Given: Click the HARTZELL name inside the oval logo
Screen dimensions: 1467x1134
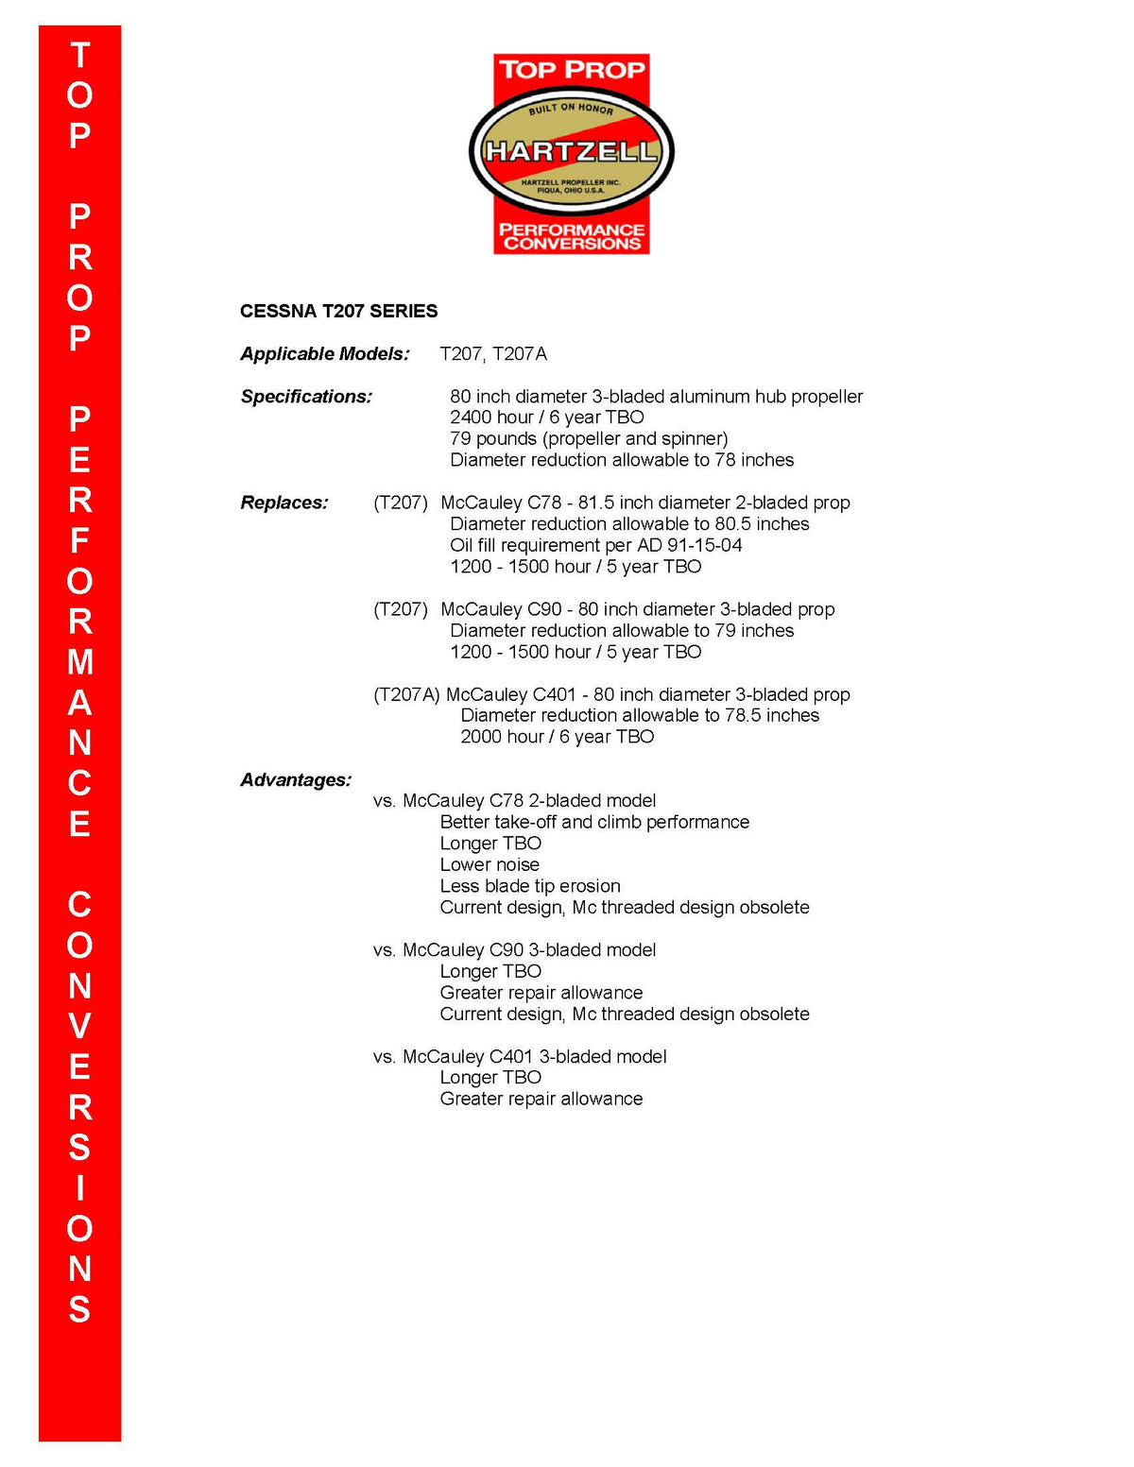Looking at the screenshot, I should click(x=571, y=151).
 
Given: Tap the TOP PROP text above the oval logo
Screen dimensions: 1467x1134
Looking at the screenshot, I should click(x=572, y=70).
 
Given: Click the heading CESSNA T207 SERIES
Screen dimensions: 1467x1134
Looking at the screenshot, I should click(x=338, y=312).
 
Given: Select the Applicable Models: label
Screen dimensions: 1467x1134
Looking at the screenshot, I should click(x=325, y=354).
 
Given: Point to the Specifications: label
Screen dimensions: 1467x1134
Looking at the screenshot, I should click(x=306, y=397).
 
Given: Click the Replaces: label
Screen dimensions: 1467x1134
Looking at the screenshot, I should click(x=284, y=503).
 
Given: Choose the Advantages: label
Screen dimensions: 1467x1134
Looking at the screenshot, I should click(x=296, y=780).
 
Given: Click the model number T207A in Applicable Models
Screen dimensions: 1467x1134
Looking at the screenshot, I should click(x=520, y=354).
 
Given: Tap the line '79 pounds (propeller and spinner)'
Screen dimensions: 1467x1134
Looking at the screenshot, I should click(x=589, y=439).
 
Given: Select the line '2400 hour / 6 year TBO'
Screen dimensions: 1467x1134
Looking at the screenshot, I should click(x=547, y=418).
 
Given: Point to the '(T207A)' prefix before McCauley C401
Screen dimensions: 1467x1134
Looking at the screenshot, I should click(x=406, y=695).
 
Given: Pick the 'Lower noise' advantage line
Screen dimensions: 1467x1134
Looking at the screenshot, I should click(x=490, y=865).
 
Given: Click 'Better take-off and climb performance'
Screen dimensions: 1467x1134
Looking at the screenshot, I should click(x=594, y=823).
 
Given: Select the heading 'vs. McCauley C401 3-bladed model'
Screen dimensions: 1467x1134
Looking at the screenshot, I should click(x=520, y=1057).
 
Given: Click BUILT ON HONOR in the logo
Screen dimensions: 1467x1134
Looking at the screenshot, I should click(x=571, y=109).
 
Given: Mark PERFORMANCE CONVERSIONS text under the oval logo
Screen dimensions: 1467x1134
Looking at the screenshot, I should click(x=572, y=237).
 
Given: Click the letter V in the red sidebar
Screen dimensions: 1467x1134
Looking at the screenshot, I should click(x=79, y=1027).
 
